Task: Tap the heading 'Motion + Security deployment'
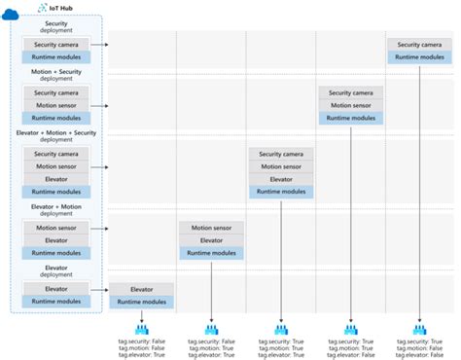56,76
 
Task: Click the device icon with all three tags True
281,331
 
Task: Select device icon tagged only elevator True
142,331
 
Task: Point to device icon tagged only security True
420,331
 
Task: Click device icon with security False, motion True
211,331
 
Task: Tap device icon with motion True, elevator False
350,331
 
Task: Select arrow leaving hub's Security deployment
98,45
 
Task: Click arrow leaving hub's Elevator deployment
98,289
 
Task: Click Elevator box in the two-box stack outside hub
142,289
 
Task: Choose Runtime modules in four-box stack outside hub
281,192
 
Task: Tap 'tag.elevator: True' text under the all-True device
281,354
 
